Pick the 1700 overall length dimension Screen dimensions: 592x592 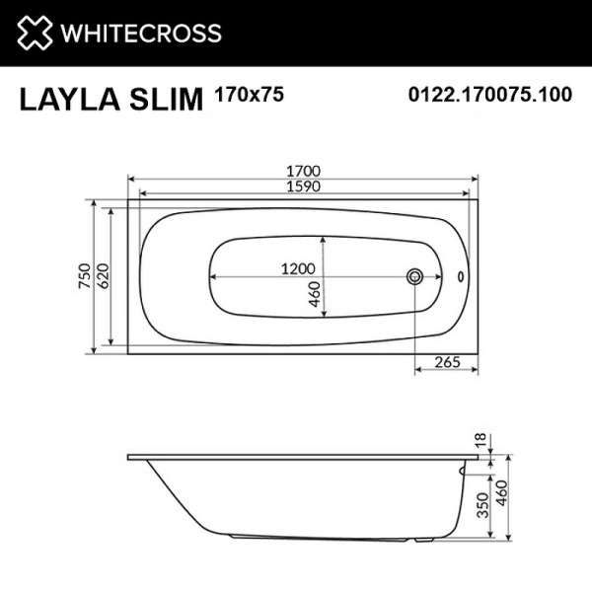coord(302,170)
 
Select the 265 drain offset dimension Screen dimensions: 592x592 coord(447,363)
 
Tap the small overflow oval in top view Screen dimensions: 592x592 coord(462,276)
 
